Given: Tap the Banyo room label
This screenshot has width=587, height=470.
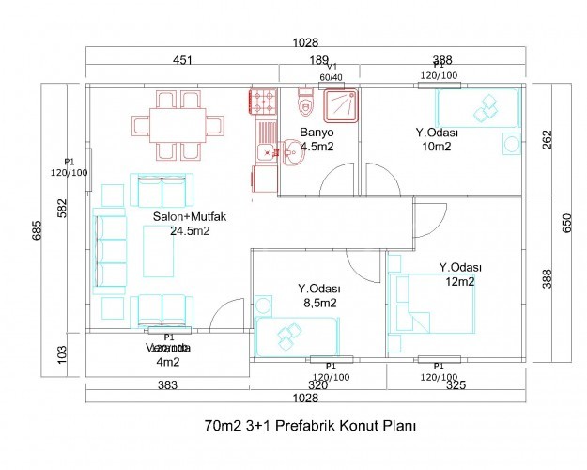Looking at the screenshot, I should tap(317, 133).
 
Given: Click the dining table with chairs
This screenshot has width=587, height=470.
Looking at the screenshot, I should tap(178, 124).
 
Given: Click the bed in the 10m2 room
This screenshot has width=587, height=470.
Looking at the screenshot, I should tap(478, 107).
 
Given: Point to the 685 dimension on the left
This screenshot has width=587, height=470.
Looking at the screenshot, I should tap(38, 225).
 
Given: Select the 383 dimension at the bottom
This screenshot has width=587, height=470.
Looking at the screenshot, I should tap(167, 385).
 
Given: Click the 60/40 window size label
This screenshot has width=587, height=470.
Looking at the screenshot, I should tap(331, 77).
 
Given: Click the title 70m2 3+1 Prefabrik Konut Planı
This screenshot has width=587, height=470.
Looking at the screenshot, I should tap(309, 425).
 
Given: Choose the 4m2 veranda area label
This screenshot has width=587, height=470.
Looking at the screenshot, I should tap(167, 361).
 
